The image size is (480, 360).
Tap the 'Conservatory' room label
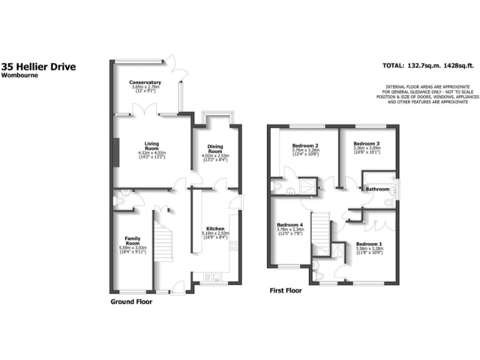click(145, 82)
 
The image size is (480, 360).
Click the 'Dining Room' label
click(215, 149)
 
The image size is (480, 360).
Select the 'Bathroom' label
click(377, 189)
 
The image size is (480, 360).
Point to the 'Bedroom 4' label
click(289, 224)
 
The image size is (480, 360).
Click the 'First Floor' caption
click(286, 291)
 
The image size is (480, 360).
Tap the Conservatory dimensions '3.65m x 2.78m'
click(145, 87)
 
